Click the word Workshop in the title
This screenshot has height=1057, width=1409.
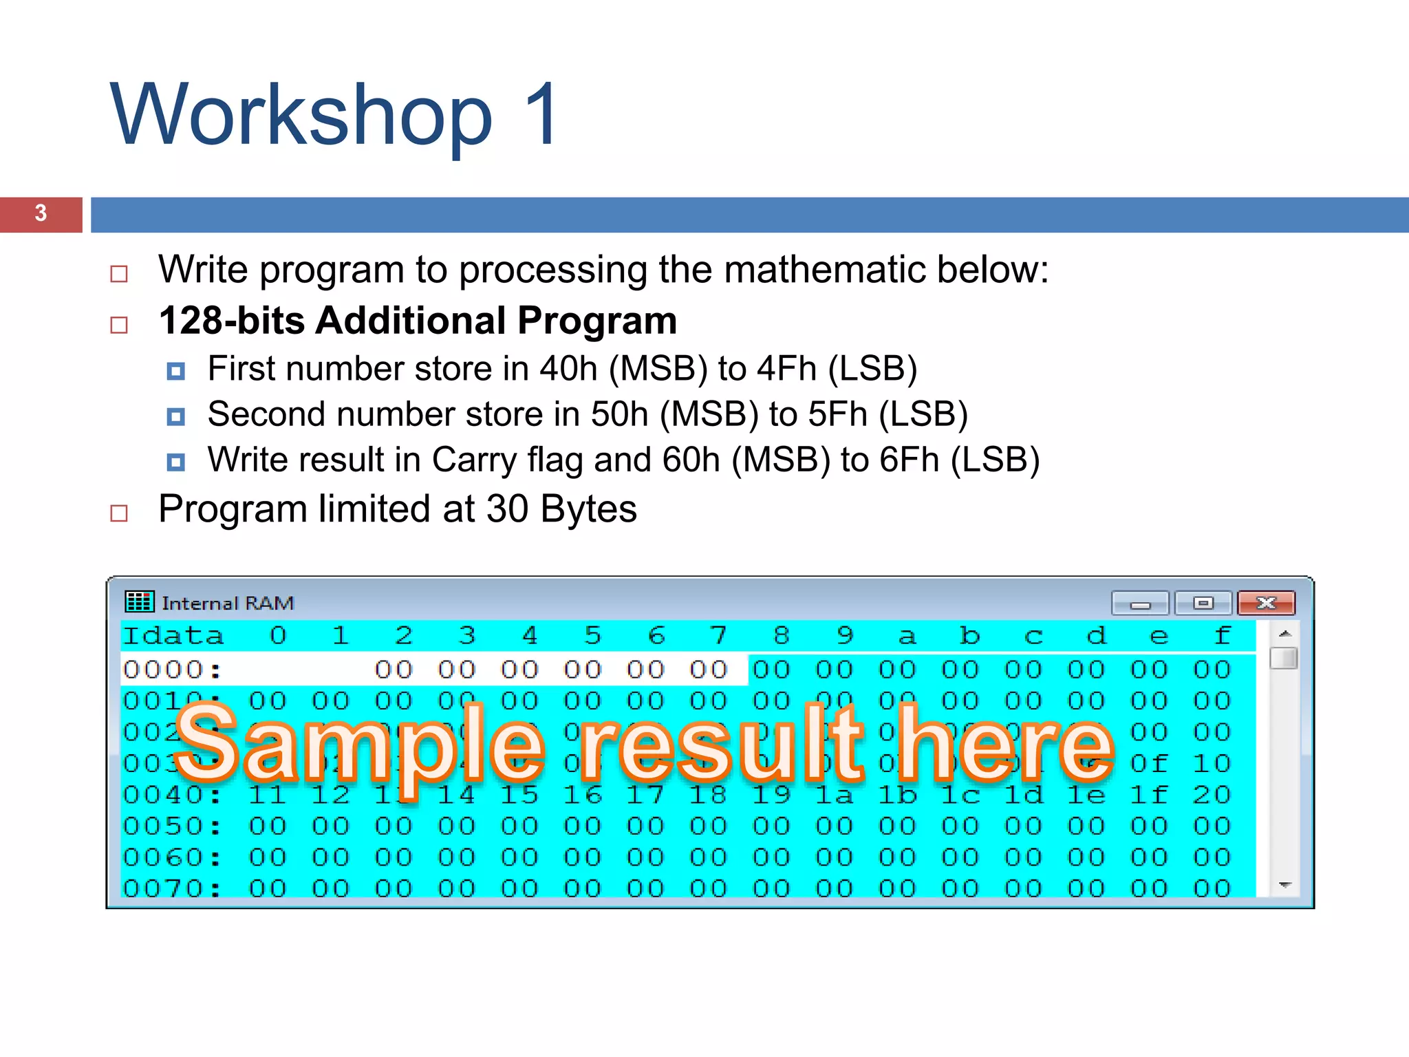[x=301, y=116]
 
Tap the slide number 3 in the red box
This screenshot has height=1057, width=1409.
[x=41, y=213]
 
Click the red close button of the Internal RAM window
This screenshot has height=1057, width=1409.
[x=1266, y=604]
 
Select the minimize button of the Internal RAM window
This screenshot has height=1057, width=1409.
[x=1140, y=604]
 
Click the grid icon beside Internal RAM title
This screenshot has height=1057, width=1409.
[x=139, y=601]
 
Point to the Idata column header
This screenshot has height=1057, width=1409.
[x=173, y=635]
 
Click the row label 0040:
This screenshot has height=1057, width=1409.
[x=172, y=795]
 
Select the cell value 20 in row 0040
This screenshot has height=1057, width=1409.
[x=1212, y=795]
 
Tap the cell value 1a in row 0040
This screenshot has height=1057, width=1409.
[x=834, y=795]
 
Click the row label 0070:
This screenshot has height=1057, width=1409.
[x=172, y=888]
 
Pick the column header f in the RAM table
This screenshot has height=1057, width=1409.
[x=1222, y=635]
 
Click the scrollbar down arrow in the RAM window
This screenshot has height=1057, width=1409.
[x=1284, y=885]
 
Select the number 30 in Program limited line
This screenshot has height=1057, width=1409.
[x=507, y=509]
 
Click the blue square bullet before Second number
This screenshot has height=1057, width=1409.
[x=176, y=416]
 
